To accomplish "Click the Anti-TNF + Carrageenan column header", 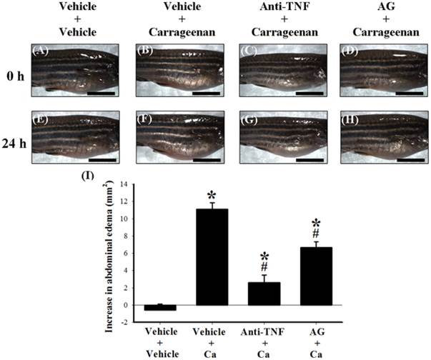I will click(270, 21).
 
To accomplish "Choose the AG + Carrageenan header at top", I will click(375, 21).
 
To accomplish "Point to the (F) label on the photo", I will click(147, 118).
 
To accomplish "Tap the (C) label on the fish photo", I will click(250, 51).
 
